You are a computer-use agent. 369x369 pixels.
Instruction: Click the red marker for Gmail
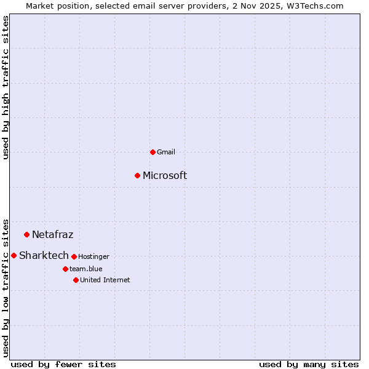pyautogui.click(x=153, y=152)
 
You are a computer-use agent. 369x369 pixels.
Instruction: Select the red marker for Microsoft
pyautogui.click(x=138, y=175)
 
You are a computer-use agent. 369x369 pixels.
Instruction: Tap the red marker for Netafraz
pyautogui.click(x=26, y=234)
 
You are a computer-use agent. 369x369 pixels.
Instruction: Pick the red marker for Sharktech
pyautogui.click(x=14, y=255)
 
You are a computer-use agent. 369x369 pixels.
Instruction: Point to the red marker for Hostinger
pyautogui.click(x=74, y=256)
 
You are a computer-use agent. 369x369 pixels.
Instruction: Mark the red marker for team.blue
pyautogui.click(x=65, y=269)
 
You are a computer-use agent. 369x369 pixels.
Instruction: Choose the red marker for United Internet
pyautogui.click(x=76, y=280)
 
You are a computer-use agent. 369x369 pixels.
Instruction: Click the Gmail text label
pyautogui.click(x=166, y=152)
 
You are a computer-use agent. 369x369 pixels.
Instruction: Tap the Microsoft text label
pyautogui.click(x=165, y=176)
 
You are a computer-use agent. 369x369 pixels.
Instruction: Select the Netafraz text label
pyautogui.click(x=53, y=234)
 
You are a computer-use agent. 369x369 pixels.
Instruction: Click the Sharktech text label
pyautogui.click(x=44, y=256)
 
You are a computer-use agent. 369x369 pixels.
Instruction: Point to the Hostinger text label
pyautogui.click(x=93, y=256)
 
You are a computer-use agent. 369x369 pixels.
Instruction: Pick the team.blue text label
pyautogui.click(x=85, y=269)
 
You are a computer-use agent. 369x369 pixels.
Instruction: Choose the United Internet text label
pyautogui.click(x=105, y=280)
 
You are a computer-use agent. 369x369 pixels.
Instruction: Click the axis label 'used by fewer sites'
pyautogui.click(x=63, y=364)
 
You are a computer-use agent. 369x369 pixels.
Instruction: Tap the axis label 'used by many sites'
pyautogui.click(x=309, y=364)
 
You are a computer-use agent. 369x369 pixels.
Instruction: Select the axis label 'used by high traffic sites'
pyautogui.click(x=6, y=87)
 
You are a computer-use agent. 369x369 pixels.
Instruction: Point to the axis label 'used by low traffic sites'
pyautogui.click(x=6, y=287)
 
